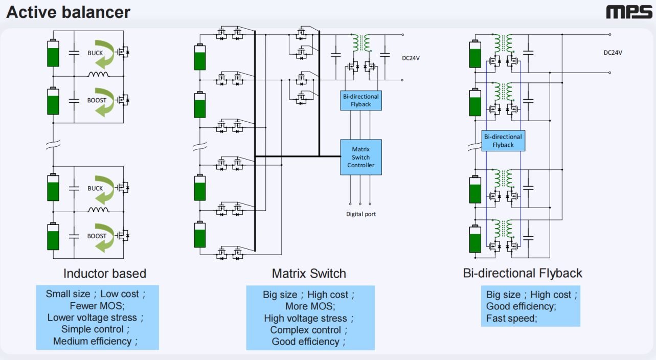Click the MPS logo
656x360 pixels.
(629, 12)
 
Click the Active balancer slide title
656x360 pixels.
(68, 12)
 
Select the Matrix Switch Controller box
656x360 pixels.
(360, 157)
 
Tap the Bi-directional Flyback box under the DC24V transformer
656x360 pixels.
(360, 100)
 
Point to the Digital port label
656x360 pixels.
(360, 214)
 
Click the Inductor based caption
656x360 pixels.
(104, 274)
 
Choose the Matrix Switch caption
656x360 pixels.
(309, 274)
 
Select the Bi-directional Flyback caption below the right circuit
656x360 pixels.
(522, 274)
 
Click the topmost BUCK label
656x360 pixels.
(95, 53)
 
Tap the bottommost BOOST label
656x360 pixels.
(97, 236)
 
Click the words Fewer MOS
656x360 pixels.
(97, 306)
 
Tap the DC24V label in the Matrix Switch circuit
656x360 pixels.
(411, 58)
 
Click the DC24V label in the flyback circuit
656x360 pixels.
(613, 52)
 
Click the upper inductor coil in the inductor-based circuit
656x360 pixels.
(98, 75)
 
